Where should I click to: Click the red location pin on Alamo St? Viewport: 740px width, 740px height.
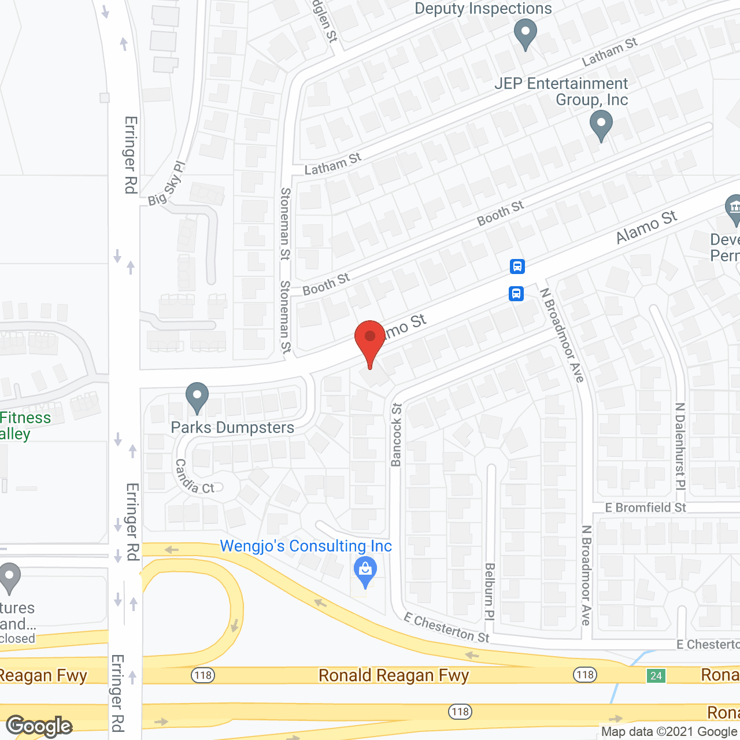369,338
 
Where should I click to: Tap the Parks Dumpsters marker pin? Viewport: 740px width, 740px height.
197,397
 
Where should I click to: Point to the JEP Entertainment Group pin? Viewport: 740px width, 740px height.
601,124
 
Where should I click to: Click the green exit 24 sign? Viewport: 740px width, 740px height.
656,675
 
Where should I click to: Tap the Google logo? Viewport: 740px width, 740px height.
39,726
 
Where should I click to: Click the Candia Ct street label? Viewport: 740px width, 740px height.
194,477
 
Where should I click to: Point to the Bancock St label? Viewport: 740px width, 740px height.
396,435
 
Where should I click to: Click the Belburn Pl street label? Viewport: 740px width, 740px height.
490,591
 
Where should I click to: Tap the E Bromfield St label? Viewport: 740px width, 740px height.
645,508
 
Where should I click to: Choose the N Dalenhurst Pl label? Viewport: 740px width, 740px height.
680,446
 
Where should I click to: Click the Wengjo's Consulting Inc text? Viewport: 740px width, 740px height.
306,546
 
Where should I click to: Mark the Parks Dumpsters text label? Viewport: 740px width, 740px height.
232,428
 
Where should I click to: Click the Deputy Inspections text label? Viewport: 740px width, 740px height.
483,9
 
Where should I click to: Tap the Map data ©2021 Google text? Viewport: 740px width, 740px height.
669,731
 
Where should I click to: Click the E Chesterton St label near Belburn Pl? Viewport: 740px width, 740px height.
446,628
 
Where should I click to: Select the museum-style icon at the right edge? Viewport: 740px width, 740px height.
734,208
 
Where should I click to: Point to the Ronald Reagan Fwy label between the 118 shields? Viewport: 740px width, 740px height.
394,675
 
